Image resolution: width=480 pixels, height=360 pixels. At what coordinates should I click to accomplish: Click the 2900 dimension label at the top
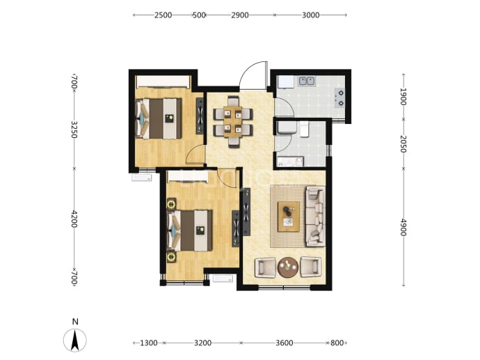point(240,15)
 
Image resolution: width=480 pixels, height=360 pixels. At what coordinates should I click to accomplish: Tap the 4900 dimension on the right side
point(403,227)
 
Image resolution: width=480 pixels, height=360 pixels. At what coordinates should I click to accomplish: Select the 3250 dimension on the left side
point(74,130)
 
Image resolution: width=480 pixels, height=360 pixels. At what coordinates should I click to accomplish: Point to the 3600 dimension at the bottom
point(284,343)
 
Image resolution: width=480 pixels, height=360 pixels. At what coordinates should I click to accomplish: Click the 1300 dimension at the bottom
point(149,343)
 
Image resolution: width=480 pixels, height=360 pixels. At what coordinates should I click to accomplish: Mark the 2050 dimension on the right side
point(403,143)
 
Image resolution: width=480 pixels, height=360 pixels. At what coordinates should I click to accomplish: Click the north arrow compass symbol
point(75,340)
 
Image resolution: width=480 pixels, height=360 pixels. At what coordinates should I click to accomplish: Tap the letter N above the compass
point(75,322)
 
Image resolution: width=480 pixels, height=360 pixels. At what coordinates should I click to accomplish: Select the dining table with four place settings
point(233,122)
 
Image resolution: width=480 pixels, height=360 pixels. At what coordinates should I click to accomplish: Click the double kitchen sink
point(307,81)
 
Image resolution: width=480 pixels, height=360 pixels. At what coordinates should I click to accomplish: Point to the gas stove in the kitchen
point(340,98)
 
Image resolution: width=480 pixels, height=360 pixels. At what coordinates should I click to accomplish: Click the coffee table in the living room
point(289,217)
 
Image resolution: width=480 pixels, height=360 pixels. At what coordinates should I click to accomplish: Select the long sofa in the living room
point(316,217)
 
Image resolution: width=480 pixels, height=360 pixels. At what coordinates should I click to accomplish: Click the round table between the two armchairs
point(288,267)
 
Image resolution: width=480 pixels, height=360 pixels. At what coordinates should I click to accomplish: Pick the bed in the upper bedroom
point(159,118)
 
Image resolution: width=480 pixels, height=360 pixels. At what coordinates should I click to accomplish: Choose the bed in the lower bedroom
point(190,230)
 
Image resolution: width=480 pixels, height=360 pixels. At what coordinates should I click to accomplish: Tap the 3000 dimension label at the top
point(311,15)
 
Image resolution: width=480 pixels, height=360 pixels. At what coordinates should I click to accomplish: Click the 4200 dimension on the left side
point(74,219)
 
